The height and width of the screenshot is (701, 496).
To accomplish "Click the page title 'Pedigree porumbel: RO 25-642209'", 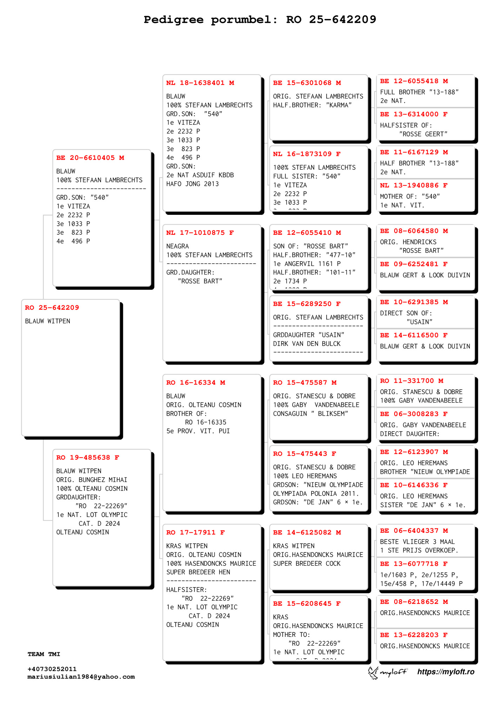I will click(260, 20).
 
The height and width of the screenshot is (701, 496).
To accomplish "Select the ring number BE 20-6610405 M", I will click(90, 158).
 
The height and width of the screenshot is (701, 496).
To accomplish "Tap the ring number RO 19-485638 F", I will click(88, 457).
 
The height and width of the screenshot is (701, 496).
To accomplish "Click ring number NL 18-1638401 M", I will click(200, 83).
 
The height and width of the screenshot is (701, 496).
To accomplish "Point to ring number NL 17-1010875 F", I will click(200, 233).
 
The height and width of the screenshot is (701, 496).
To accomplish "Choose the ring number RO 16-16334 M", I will click(195, 383).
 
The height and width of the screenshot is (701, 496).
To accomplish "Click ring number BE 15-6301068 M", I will click(307, 83).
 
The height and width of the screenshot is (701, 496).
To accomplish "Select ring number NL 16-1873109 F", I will click(307, 154).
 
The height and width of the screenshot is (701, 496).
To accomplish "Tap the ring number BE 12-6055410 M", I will click(307, 233).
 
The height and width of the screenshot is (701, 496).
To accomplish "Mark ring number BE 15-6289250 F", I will click(307, 304).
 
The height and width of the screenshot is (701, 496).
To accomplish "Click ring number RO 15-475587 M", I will click(304, 383).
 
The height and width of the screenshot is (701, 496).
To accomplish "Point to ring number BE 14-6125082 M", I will click(307, 532).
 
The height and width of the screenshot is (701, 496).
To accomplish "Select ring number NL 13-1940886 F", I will click(414, 185).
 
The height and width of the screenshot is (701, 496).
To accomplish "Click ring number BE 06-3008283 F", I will click(414, 414).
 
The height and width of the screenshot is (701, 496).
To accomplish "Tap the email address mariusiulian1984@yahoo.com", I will click(81, 677).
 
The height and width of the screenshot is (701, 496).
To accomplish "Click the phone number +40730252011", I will click(52, 669).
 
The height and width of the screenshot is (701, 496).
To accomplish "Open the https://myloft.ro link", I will click(445, 672).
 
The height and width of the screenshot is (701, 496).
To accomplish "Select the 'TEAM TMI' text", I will click(44, 654).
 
